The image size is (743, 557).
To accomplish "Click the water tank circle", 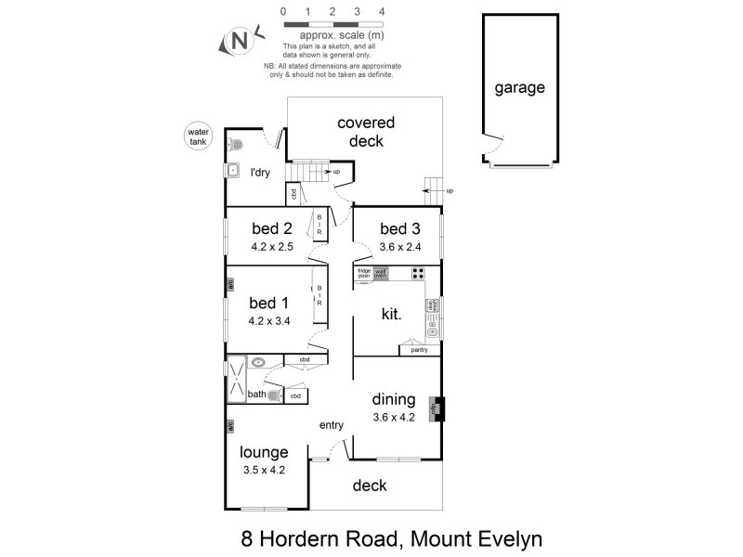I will click(200, 136).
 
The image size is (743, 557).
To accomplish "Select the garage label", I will click(519, 88).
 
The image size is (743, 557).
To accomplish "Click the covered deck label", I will click(366, 132).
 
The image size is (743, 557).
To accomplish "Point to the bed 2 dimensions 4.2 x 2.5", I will click(275, 248).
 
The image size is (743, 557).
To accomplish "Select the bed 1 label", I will click(269, 304).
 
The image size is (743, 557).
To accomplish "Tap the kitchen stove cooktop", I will click(417, 274).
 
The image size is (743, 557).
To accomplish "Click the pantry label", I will click(419, 350).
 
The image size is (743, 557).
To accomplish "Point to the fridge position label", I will click(364, 274).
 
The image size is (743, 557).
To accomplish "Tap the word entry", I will click(332, 425).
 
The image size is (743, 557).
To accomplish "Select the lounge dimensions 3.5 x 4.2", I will click(264, 470).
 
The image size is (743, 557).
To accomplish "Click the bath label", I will click(256, 395).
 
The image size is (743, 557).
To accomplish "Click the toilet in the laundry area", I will click(234, 144).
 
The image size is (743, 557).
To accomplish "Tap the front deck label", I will click(370, 486).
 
